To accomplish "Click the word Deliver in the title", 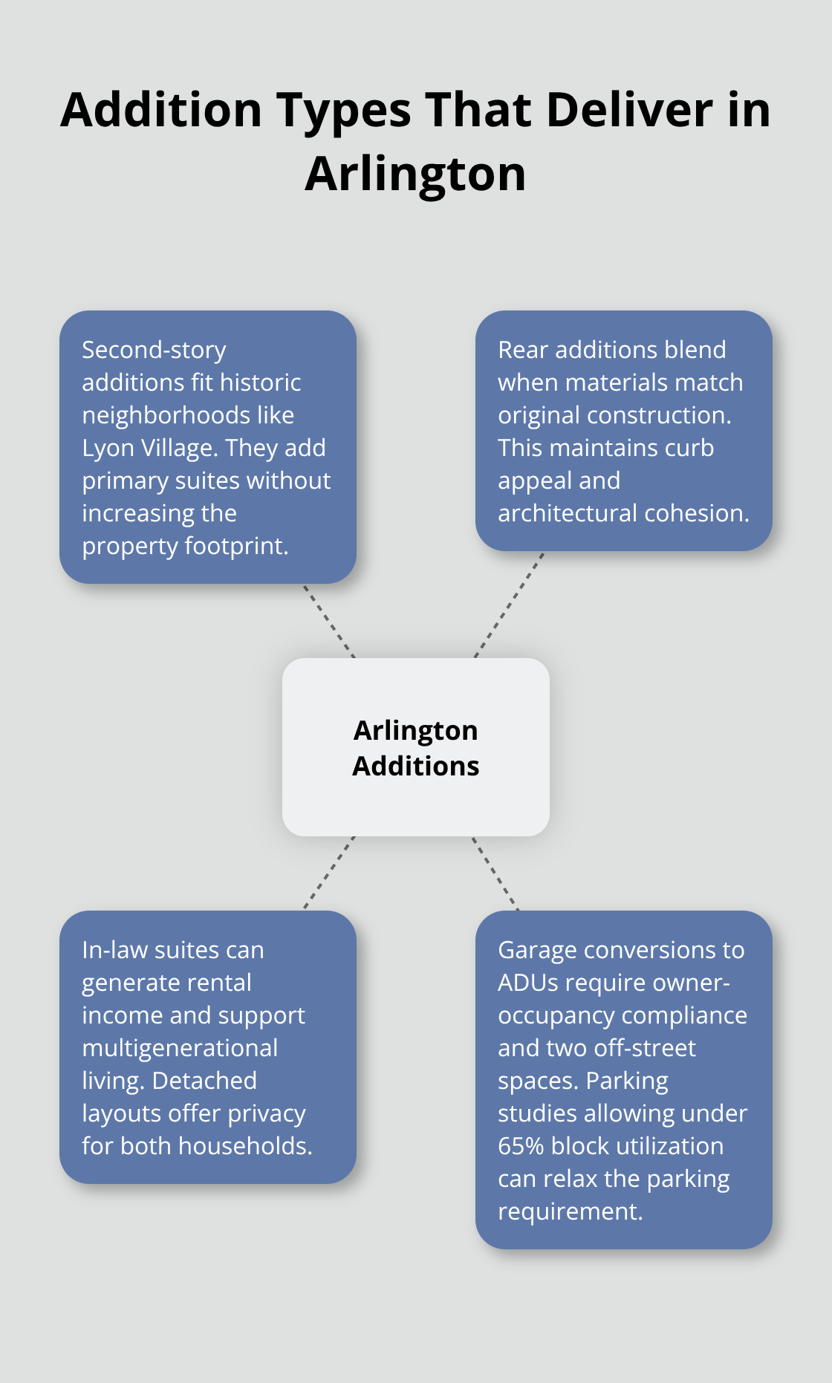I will pos(630,110).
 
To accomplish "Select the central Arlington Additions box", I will pos(416,747).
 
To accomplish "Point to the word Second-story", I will pos(154,350).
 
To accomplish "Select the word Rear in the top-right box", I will pos(523,350).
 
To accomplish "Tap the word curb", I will pos(690,448).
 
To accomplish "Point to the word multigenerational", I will pos(180,1048).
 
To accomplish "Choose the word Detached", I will pos(204,1081).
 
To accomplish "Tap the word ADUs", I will pos(528,983).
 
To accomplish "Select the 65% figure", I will pos(521,1146).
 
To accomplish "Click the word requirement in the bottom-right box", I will pos(569,1211).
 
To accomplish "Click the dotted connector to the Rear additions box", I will pos(510,605).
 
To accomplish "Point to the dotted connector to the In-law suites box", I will pos(329,873).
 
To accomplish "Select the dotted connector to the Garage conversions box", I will pos(495,873).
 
